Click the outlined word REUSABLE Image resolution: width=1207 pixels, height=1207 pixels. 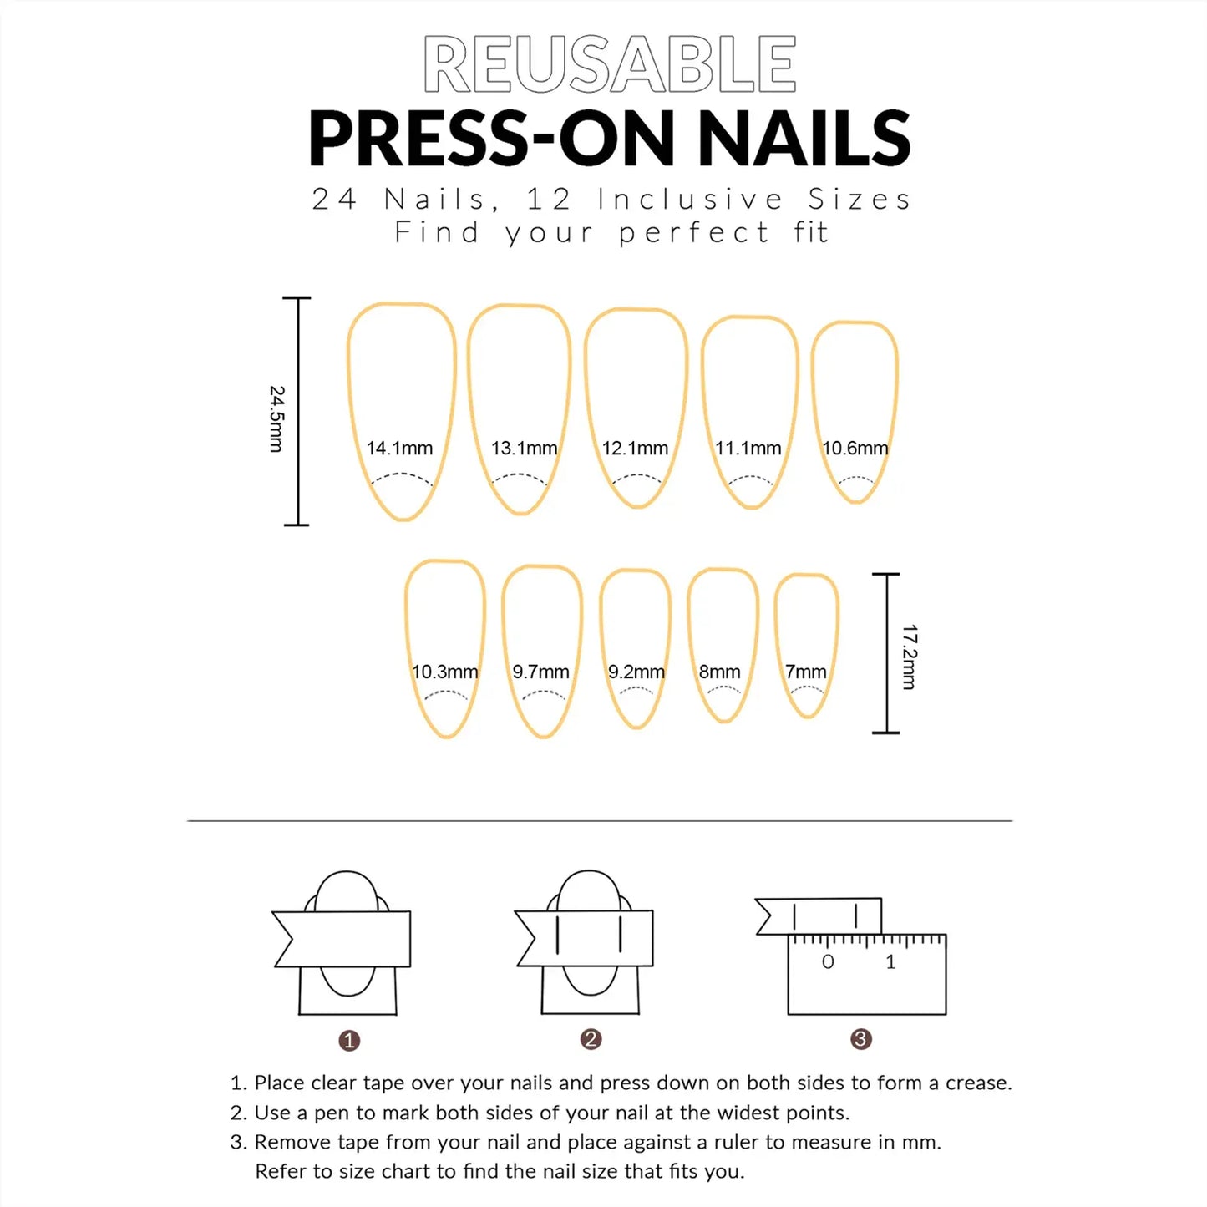click(610, 64)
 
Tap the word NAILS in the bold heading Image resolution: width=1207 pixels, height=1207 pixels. click(804, 139)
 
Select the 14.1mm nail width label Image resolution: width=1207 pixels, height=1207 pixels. click(399, 449)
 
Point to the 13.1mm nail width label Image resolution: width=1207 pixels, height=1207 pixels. click(524, 449)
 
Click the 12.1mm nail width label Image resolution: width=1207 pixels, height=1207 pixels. click(635, 449)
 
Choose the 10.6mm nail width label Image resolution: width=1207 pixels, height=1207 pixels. click(855, 449)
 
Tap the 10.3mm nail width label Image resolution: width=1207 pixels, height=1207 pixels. click(444, 672)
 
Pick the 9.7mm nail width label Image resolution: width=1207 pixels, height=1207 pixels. click(540, 672)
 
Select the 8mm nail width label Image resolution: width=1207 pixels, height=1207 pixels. click(719, 672)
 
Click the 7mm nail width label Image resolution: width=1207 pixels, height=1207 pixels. click(805, 672)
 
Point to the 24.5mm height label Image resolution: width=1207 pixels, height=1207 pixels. click(276, 418)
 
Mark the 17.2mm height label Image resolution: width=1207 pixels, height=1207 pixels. click(910, 657)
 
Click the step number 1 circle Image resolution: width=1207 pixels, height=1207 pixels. click(349, 1041)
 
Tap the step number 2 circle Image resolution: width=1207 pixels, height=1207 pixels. click(591, 1039)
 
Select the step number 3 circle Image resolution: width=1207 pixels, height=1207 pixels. click(860, 1039)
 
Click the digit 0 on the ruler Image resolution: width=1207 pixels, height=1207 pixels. click(828, 962)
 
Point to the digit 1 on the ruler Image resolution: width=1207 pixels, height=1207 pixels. click(890, 962)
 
